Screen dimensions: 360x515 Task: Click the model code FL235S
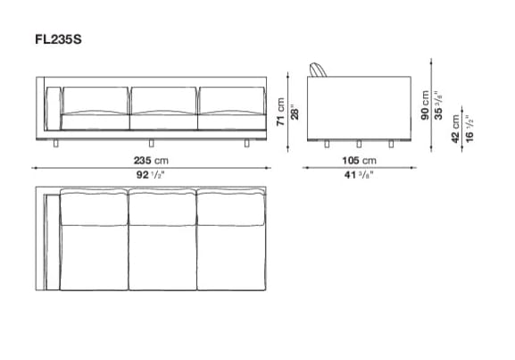click(x=62, y=39)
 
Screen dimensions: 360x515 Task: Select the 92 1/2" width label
click(x=151, y=175)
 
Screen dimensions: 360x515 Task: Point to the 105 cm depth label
click(x=357, y=161)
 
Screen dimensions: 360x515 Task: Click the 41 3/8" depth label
click(x=357, y=175)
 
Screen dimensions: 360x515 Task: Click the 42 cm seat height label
click(x=457, y=130)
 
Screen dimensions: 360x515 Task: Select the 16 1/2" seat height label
click(x=469, y=130)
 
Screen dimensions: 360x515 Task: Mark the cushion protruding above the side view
click(x=319, y=71)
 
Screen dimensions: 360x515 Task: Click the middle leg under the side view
click(x=357, y=144)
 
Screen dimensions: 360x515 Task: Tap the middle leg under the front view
click(x=151, y=142)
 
